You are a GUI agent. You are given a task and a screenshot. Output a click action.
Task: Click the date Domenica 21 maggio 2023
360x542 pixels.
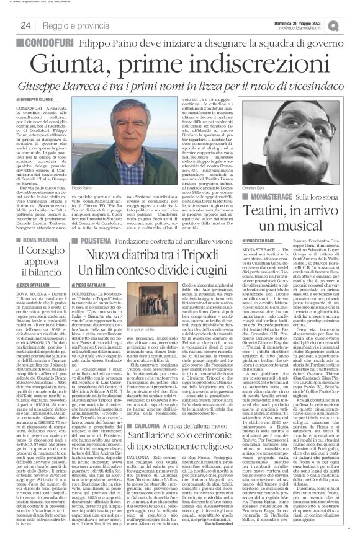(304, 22)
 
